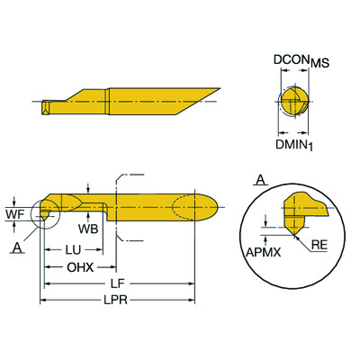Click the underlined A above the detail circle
[x=260, y=181]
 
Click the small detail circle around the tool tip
[x=44, y=215]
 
